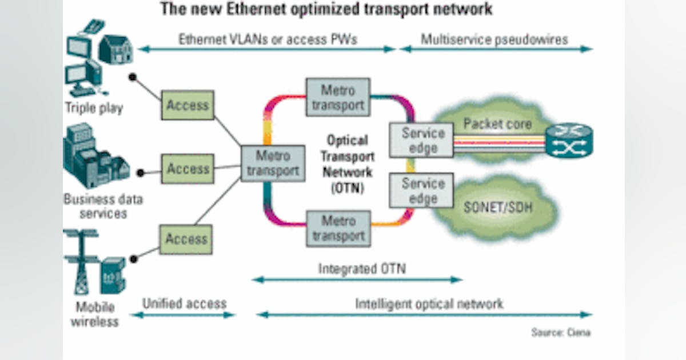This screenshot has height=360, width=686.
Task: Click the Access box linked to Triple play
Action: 187,105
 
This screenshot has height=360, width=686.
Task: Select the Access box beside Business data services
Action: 187,169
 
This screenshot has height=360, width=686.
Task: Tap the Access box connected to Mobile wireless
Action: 187,239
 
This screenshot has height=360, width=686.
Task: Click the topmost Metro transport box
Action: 337,98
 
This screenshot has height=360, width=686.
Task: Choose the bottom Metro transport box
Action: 338,227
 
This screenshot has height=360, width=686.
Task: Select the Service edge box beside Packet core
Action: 422,140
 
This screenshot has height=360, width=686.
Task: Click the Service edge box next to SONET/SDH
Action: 422,191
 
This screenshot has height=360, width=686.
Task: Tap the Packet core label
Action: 497,123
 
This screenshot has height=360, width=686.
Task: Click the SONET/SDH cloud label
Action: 497,207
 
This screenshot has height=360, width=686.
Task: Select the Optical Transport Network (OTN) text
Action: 346,164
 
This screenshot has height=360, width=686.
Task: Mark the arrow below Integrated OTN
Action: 357,280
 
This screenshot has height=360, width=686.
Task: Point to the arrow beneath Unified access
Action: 182,314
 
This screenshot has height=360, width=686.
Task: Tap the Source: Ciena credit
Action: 560,333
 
